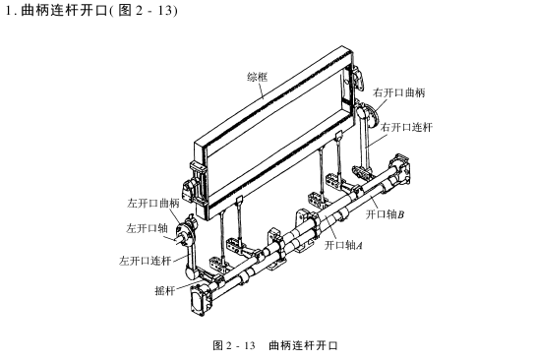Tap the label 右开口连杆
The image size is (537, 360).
tap(406, 127)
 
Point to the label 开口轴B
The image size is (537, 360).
tap(385, 213)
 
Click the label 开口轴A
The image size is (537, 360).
tap(344, 245)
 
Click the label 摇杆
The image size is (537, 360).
tap(165, 291)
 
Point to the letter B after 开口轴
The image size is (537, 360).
tap(401, 213)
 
